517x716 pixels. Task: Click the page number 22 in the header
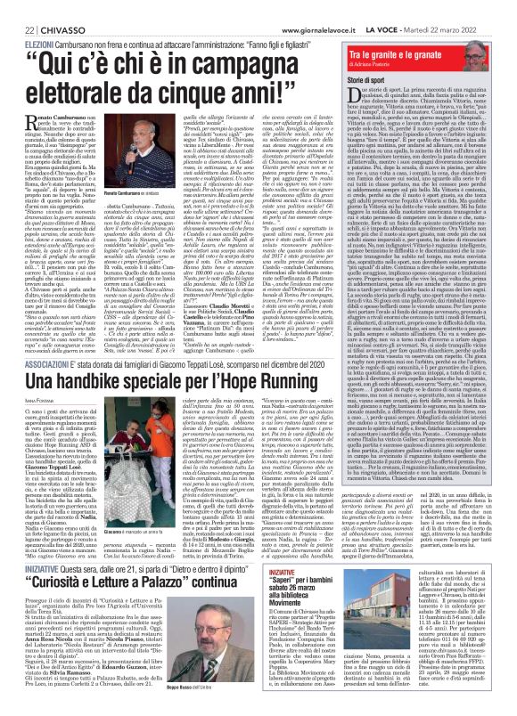18,6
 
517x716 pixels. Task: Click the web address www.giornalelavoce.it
326,6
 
